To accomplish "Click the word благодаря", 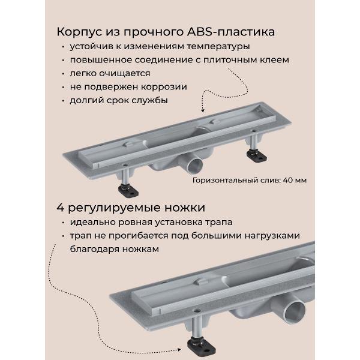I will (100, 249).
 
